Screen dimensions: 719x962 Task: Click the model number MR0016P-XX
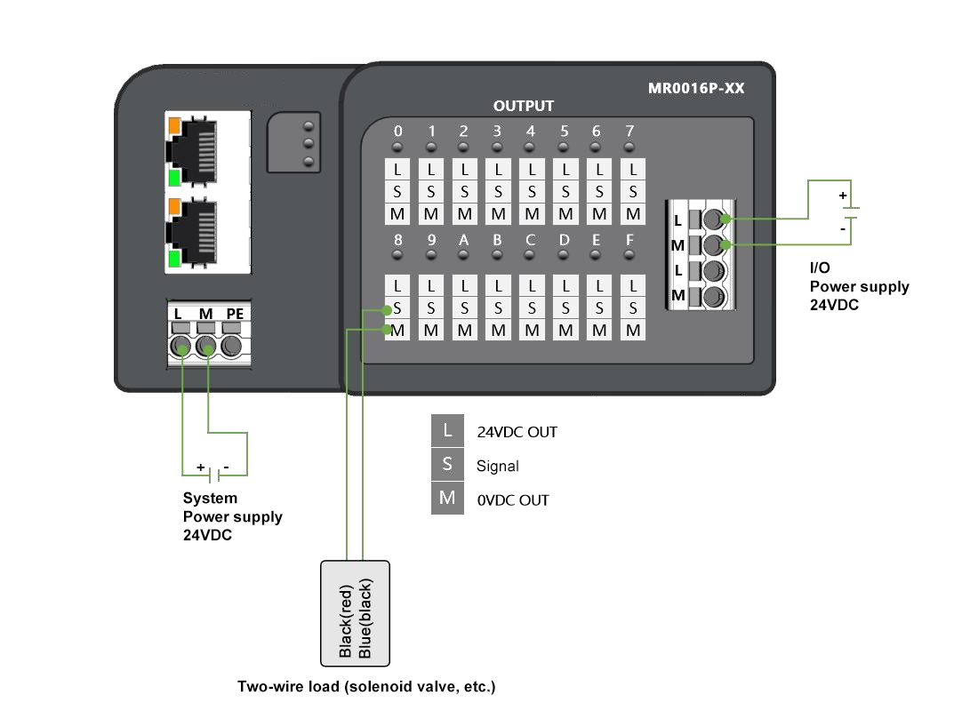696,89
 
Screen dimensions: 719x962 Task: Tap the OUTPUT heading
524,106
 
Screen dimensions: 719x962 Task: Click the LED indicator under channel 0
397,147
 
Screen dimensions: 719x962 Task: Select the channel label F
630,240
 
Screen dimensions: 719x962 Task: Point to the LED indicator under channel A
464,255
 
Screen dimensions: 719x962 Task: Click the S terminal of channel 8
397,308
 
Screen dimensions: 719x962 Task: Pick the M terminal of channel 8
397,331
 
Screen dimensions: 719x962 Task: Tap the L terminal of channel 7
633,168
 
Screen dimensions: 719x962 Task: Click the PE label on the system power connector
235,313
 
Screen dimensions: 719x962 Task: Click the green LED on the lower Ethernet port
174,259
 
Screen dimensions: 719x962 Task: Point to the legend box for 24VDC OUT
447,431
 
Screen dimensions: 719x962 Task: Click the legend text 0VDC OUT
513,500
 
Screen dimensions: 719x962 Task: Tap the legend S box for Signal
447,464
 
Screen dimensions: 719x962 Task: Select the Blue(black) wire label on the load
365,619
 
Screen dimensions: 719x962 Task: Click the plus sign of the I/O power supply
843,195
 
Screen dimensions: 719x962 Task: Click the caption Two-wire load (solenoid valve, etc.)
365,687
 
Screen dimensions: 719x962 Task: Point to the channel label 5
565,132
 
